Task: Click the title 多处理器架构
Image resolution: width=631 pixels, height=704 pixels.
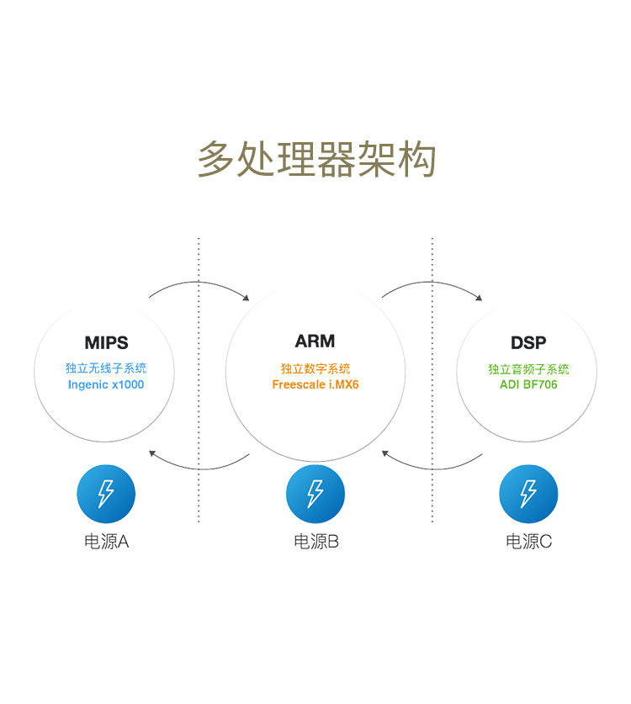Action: pos(315,159)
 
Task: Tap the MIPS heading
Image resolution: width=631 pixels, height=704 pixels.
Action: pos(106,343)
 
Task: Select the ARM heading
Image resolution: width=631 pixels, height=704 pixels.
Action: pos(315,341)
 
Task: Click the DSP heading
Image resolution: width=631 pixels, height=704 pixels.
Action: pos(528,343)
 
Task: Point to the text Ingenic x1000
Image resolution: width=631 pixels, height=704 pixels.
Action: pos(106,384)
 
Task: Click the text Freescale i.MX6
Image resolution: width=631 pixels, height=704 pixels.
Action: pos(315,384)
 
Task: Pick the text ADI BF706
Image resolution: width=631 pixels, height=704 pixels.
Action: pos(528,384)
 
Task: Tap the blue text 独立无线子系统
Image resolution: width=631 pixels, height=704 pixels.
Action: pos(106,368)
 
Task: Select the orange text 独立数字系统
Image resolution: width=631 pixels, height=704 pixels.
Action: pos(315,368)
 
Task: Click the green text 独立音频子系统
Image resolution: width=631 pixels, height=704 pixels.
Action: pos(528,369)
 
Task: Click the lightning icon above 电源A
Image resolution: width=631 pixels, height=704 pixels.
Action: pos(106,494)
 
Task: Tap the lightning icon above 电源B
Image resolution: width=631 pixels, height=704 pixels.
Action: pos(315,494)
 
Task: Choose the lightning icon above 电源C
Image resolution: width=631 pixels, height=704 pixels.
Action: pos(528,494)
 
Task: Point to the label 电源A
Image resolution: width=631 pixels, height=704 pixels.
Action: pos(106,542)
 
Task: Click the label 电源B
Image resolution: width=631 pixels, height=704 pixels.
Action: pos(315,542)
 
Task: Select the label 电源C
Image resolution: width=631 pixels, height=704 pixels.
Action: pos(528,542)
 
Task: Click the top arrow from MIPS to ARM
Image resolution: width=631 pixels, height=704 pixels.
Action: pos(199,283)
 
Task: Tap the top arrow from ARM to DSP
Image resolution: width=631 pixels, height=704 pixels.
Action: pos(432,283)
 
